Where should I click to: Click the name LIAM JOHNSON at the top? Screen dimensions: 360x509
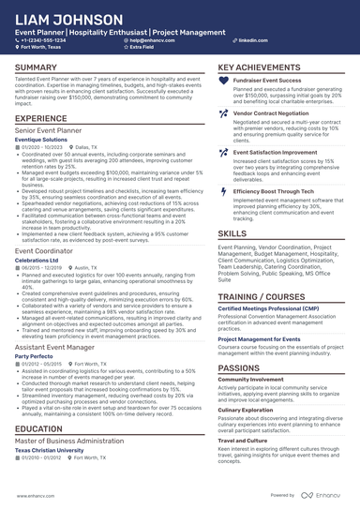pyautogui.click(x=67, y=19)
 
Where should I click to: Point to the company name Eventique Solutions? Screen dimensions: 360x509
pyautogui.click(x=42, y=140)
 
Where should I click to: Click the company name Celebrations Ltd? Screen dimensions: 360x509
pyautogui.click(x=38, y=259)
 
